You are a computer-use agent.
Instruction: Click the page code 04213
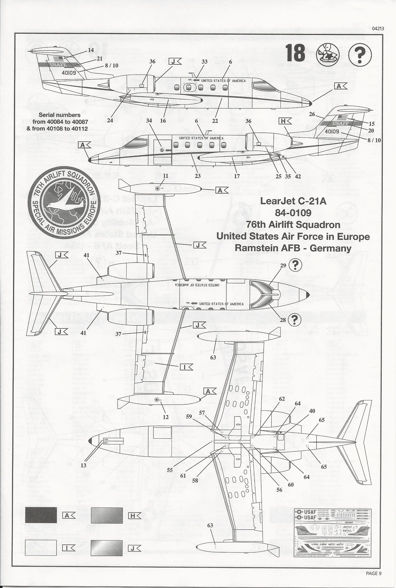pos(378,28)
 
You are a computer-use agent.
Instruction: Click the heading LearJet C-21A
pos(293,201)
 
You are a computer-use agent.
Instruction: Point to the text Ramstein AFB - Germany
pos(293,248)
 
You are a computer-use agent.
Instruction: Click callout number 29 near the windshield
pos(283,265)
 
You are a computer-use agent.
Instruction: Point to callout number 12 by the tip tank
pos(166,417)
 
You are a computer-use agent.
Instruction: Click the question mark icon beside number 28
pos(296,320)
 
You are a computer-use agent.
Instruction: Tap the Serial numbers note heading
pos(59,115)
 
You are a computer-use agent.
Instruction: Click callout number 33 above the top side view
pos(204,62)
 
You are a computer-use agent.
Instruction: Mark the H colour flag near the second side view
pos(285,121)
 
